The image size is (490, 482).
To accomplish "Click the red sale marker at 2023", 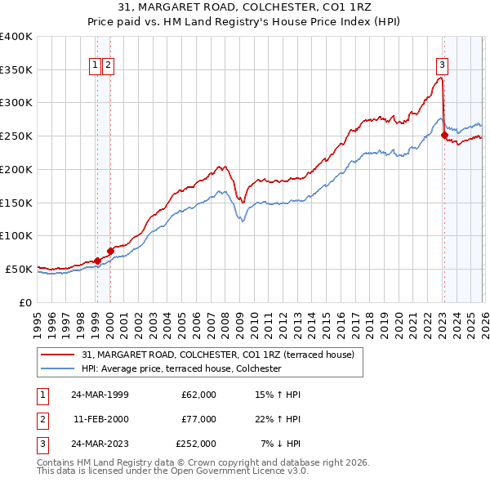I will (x=444, y=136).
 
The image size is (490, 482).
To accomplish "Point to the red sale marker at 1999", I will (x=97, y=261).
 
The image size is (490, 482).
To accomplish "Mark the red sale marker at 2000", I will (x=110, y=252).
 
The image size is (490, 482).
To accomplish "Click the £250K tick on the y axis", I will (x=16, y=136).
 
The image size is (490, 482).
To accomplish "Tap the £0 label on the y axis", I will (x=24, y=302).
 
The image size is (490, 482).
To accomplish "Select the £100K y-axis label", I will (x=16, y=236).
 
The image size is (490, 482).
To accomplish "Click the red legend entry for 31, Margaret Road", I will (x=217, y=355).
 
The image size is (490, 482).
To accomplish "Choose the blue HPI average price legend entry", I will (x=181, y=369).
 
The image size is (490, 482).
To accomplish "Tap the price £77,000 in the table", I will (x=198, y=419).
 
